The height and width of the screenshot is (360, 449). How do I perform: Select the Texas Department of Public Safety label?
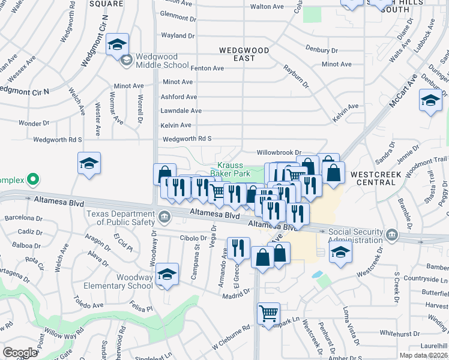point(120,218)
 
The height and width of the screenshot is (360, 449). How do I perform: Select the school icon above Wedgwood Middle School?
point(117,44)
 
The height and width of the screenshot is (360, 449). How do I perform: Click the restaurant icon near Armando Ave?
point(238,247)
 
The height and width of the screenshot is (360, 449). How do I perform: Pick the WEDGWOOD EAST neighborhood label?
point(245,55)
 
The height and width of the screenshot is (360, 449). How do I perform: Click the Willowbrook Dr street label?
point(278,153)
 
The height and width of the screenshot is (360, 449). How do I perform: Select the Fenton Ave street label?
point(206,68)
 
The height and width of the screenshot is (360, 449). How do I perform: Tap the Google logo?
point(19,353)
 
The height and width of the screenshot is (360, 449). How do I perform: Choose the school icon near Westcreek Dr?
point(340,252)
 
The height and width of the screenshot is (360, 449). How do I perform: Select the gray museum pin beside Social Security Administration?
point(391,233)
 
